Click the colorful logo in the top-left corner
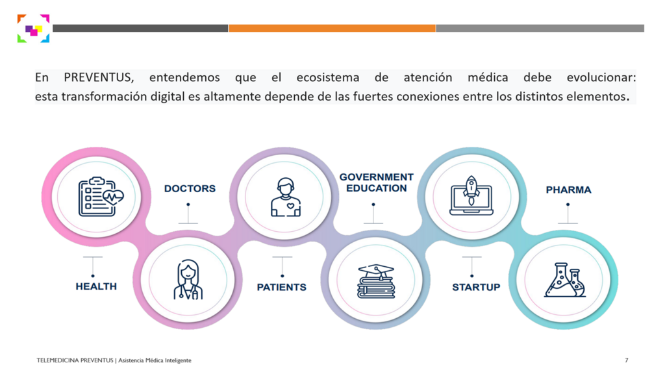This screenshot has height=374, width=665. (x=34, y=29)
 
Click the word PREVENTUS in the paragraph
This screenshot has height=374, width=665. (x=99, y=78)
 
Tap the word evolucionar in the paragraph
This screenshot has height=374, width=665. (x=601, y=78)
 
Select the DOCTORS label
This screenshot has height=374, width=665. (x=190, y=188)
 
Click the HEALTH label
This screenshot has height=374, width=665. (x=96, y=286)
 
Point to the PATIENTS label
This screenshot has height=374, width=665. (x=282, y=288)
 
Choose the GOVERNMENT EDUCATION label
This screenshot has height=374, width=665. (x=376, y=182)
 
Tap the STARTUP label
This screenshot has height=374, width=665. (x=476, y=288)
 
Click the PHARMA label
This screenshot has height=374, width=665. (x=568, y=190)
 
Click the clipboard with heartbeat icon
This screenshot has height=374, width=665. (x=101, y=197)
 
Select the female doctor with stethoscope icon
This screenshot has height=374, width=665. (x=188, y=280)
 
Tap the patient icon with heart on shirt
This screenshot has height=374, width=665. (x=286, y=197)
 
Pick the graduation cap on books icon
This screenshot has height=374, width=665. (x=376, y=281)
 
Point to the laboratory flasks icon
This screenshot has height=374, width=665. (x=565, y=280)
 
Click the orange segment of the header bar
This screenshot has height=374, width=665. (x=332, y=29)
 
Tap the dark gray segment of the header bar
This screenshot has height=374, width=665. (x=140, y=29)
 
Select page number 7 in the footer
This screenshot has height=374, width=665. (x=627, y=360)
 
